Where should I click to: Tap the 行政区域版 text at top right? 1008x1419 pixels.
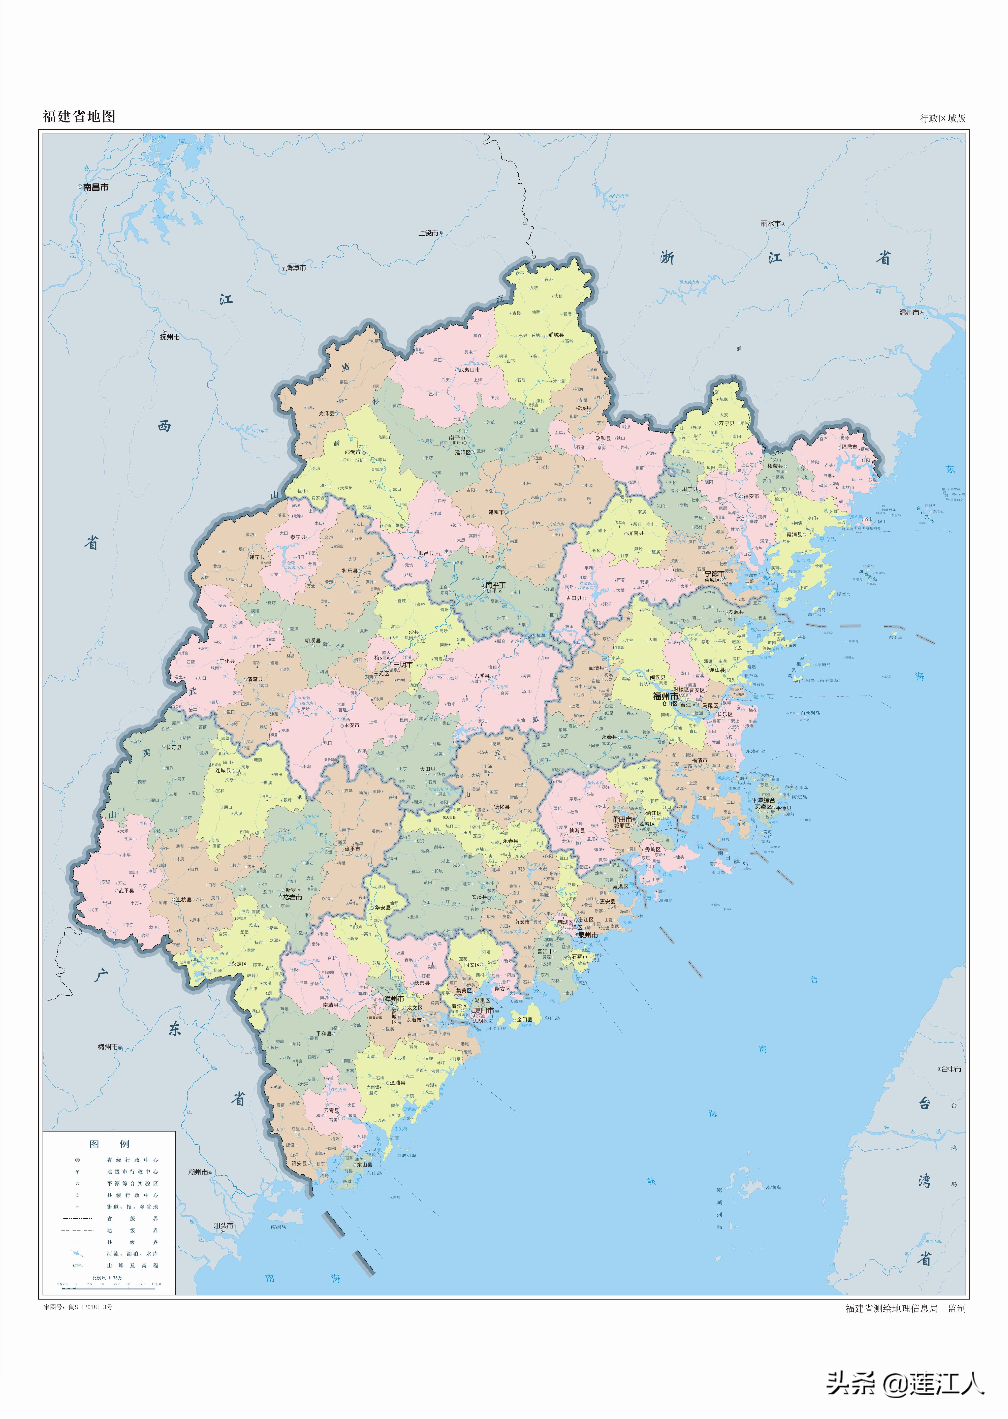[942, 118]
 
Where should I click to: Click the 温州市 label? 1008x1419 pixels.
[909, 312]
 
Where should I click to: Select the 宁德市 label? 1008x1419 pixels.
[714, 574]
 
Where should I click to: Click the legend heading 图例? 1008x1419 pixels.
[109, 1143]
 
